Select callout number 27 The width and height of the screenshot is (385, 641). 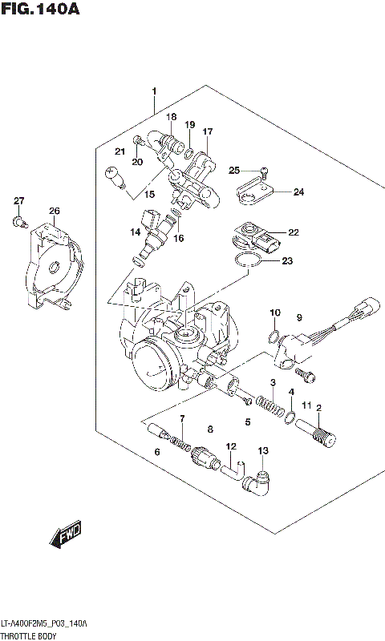tap(19, 200)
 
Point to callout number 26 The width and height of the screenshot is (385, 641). tap(54, 212)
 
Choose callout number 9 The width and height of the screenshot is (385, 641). tap(298, 318)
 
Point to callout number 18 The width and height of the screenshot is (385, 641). tap(171, 117)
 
